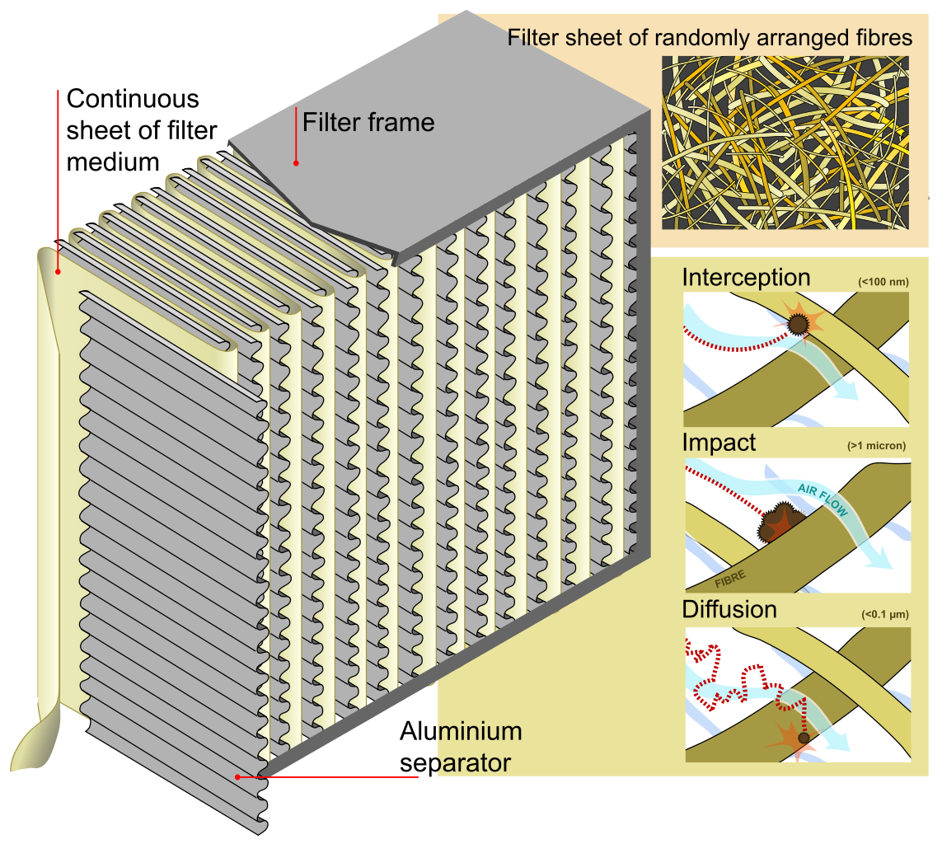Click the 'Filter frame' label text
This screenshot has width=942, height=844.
[368, 123]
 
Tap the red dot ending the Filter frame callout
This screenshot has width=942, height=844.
[296, 163]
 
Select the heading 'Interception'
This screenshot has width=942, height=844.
[746, 278]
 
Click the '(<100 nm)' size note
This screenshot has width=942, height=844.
[883, 283]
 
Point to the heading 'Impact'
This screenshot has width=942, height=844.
[719, 443]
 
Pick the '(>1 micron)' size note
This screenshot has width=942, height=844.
[876, 446]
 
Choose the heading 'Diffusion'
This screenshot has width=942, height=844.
[729, 609]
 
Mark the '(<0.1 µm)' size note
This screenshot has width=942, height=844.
[884, 614]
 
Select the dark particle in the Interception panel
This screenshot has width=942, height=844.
[798, 324]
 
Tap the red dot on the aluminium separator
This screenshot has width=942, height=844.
[237, 776]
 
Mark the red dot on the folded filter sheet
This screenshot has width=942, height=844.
[58, 270]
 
